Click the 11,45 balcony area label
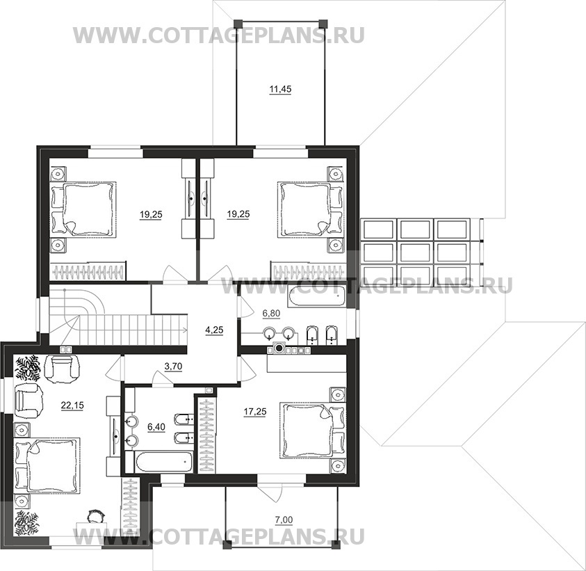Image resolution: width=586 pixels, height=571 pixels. click(x=280, y=90)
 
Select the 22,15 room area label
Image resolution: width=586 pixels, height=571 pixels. click(x=72, y=405)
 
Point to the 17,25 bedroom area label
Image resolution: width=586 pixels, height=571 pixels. click(x=255, y=412)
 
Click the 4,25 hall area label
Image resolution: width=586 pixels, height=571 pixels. click(x=215, y=330)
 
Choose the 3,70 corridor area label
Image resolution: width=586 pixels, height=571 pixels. click(x=173, y=367)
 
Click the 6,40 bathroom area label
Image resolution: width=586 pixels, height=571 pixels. click(x=156, y=426)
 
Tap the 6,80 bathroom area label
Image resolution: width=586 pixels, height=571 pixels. click(x=271, y=314)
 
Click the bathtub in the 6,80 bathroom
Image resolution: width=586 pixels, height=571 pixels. click(x=316, y=296)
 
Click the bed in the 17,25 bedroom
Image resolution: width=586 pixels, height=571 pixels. click(x=312, y=430)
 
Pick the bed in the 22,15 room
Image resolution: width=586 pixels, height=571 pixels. click(x=47, y=465)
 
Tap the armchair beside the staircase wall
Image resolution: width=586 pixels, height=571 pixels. click(x=62, y=368)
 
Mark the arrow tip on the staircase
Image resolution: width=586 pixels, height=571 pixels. click(x=186, y=330)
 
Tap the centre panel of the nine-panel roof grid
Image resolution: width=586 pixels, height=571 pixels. click(x=415, y=252)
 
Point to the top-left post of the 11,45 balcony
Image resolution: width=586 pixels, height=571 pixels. click(x=238, y=24)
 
